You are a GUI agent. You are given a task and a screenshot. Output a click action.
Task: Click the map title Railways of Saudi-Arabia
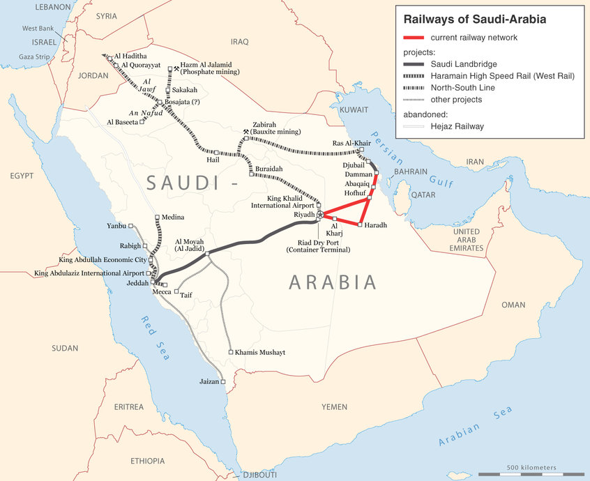481,20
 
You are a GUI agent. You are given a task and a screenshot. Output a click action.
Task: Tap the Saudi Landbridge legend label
463,64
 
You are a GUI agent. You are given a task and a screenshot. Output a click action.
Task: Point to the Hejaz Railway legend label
457,126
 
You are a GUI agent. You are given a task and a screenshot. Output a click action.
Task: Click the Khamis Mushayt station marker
231,353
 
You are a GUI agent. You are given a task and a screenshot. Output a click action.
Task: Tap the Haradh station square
359,225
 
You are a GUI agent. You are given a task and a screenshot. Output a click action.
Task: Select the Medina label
172,217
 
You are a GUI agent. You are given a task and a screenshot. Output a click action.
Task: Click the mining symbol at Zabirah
246,131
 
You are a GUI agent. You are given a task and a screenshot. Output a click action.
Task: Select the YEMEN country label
334,406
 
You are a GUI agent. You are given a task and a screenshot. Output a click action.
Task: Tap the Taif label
186,296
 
